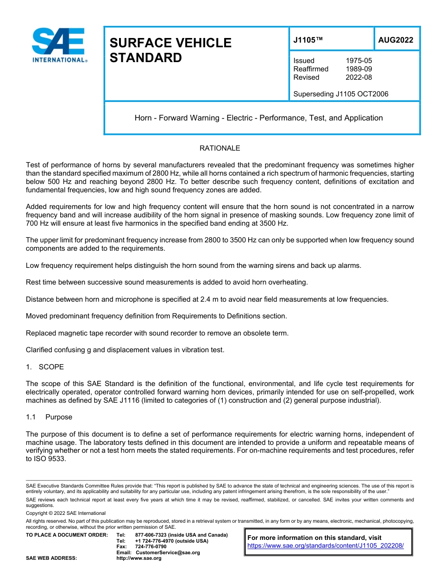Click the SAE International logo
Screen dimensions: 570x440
[x=59, y=45]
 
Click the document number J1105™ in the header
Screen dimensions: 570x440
[x=308, y=40]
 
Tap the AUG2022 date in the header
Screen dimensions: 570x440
[x=396, y=40]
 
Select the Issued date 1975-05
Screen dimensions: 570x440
[x=358, y=61]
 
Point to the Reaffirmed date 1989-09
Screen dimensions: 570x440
[x=358, y=69]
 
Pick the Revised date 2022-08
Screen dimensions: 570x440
[x=358, y=77]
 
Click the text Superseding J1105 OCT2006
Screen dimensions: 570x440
[x=340, y=94]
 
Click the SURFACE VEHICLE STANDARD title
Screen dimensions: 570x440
[x=170, y=50]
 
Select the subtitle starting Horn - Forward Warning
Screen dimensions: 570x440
[x=258, y=118]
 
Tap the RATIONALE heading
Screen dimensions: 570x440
[x=220, y=148]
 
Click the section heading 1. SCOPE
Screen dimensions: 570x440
[x=45, y=367]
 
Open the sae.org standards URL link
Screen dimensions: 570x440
[x=326, y=546]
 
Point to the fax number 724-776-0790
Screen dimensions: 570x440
[x=151, y=547]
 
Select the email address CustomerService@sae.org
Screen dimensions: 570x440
[x=167, y=552]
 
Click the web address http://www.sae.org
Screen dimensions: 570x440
[x=138, y=558]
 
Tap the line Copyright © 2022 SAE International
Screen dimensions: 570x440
[x=66, y=513]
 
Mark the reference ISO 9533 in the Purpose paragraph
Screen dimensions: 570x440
[x=52, y=459]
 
